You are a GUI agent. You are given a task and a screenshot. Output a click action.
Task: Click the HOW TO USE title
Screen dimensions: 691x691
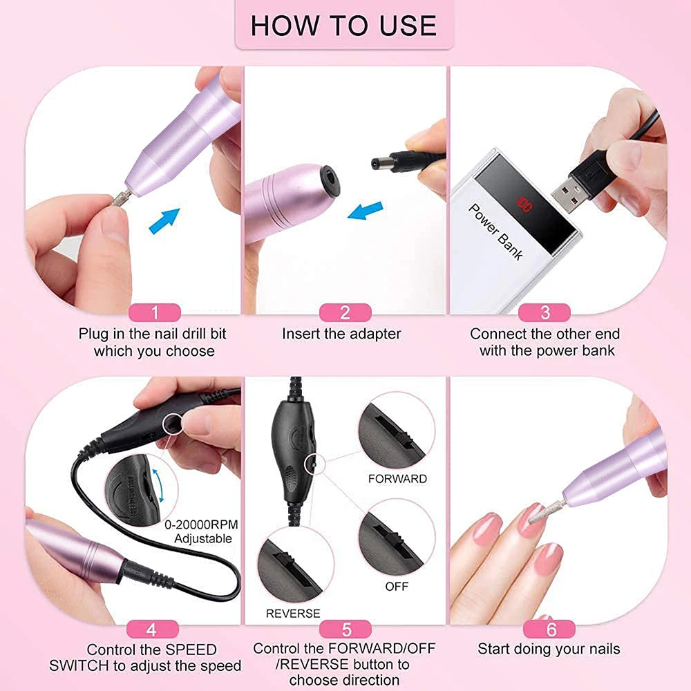tap(343, 26)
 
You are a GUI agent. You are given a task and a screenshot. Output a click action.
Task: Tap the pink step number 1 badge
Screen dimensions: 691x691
tap(155, 312)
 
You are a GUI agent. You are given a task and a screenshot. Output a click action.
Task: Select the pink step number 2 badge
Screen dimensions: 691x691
tap(345, 312)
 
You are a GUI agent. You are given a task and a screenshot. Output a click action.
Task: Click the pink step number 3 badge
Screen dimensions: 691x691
tap(545, 312)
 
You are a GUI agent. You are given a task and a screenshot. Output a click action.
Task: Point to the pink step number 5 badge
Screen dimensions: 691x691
tap(346, 629)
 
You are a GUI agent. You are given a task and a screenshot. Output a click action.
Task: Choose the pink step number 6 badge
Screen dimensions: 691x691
tap(550, 629)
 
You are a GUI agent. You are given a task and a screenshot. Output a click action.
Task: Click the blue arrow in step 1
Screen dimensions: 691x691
tap(164, 220)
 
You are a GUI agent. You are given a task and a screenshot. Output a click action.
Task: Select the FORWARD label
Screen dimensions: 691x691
tap(397, 478)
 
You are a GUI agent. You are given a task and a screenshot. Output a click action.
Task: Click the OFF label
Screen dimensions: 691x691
tap(397, 586)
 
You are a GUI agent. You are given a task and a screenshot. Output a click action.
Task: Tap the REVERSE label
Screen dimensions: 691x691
tap(293, 613)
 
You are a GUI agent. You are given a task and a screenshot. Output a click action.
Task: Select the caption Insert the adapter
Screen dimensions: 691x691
tap(341, 334)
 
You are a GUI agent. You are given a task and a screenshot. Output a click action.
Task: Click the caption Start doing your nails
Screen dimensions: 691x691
tap(549, 649)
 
